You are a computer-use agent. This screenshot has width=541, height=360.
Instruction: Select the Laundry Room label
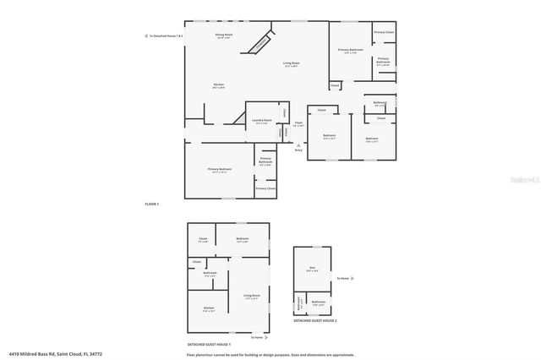click(x=263, y=121)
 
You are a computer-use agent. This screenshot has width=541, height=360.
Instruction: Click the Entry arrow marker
click(x=298, y=148)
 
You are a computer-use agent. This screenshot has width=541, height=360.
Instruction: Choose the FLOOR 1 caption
click(x=153, y=204)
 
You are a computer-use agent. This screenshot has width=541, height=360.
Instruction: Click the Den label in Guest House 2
click(x=314, y=270)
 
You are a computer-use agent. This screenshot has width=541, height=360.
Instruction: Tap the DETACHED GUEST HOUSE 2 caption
click(x=314, y=321)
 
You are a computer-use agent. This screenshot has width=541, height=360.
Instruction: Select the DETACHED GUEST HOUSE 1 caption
click(x=209, y=345)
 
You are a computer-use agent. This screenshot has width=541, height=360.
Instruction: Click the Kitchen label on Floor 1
click(x=218, y=85)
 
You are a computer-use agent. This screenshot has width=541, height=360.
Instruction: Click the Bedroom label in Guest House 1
click(x=243, y=239)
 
